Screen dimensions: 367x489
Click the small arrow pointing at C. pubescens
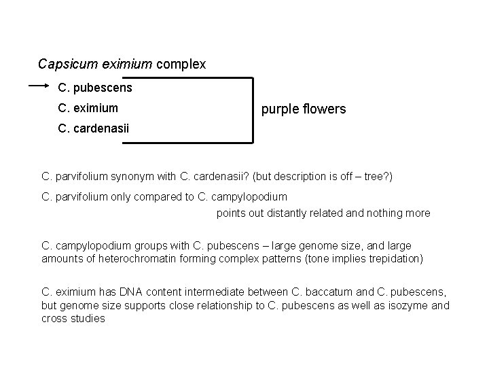38,86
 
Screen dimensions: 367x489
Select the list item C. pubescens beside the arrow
95,88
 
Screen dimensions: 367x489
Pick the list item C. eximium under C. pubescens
88,107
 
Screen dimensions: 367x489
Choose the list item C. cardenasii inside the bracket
94,128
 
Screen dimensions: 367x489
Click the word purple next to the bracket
278,108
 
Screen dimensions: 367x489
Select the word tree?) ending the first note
378,177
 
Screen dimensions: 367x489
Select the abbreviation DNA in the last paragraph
132,292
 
